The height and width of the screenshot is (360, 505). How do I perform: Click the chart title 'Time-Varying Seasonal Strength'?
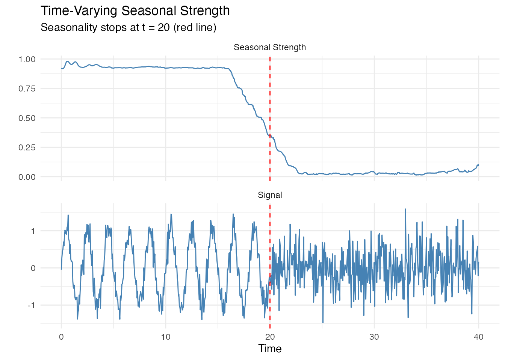point(135,11)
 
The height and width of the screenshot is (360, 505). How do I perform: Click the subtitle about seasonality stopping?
point(128,27)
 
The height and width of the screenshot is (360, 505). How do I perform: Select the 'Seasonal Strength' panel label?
point(269,47)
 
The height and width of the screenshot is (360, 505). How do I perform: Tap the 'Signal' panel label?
point(269,195)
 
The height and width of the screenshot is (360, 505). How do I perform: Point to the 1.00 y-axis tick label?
point(27,59)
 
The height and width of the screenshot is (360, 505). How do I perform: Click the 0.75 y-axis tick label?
point(27,88)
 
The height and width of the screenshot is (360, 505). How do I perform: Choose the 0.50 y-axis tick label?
point(27,118)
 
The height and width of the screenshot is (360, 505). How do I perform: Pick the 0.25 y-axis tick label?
point(27,147)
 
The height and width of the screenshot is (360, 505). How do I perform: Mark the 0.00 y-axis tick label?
point(27,177)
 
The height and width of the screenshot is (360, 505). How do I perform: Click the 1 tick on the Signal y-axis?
point(33,231)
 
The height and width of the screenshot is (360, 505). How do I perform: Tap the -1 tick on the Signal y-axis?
point(32,305)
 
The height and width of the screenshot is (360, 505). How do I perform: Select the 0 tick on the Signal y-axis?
point(33,268)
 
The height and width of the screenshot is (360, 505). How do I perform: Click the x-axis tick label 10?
point(166,337)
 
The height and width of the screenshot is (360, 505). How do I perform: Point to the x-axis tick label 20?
point(270,337)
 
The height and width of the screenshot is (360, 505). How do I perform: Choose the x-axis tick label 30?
point(374,337)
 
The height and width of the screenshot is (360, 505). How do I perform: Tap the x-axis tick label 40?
point(478,337)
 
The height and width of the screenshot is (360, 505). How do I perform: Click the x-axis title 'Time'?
point(270,349)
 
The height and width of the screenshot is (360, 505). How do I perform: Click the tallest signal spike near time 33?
point(405,209)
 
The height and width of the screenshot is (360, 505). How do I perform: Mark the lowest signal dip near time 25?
point(323,322)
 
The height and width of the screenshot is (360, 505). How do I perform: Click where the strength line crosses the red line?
point(270,136)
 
